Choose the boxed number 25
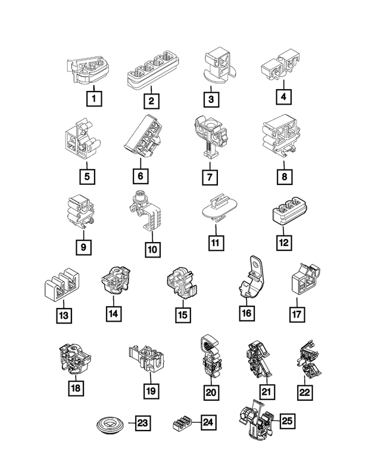pos(287,422)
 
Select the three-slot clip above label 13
pos(63,286)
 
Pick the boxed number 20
pos(211,392)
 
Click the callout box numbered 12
pos(283,243)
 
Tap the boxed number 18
pos(76,388)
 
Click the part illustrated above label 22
pos(306,360)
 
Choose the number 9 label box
pos(84,246)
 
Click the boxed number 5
pos(87,176)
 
